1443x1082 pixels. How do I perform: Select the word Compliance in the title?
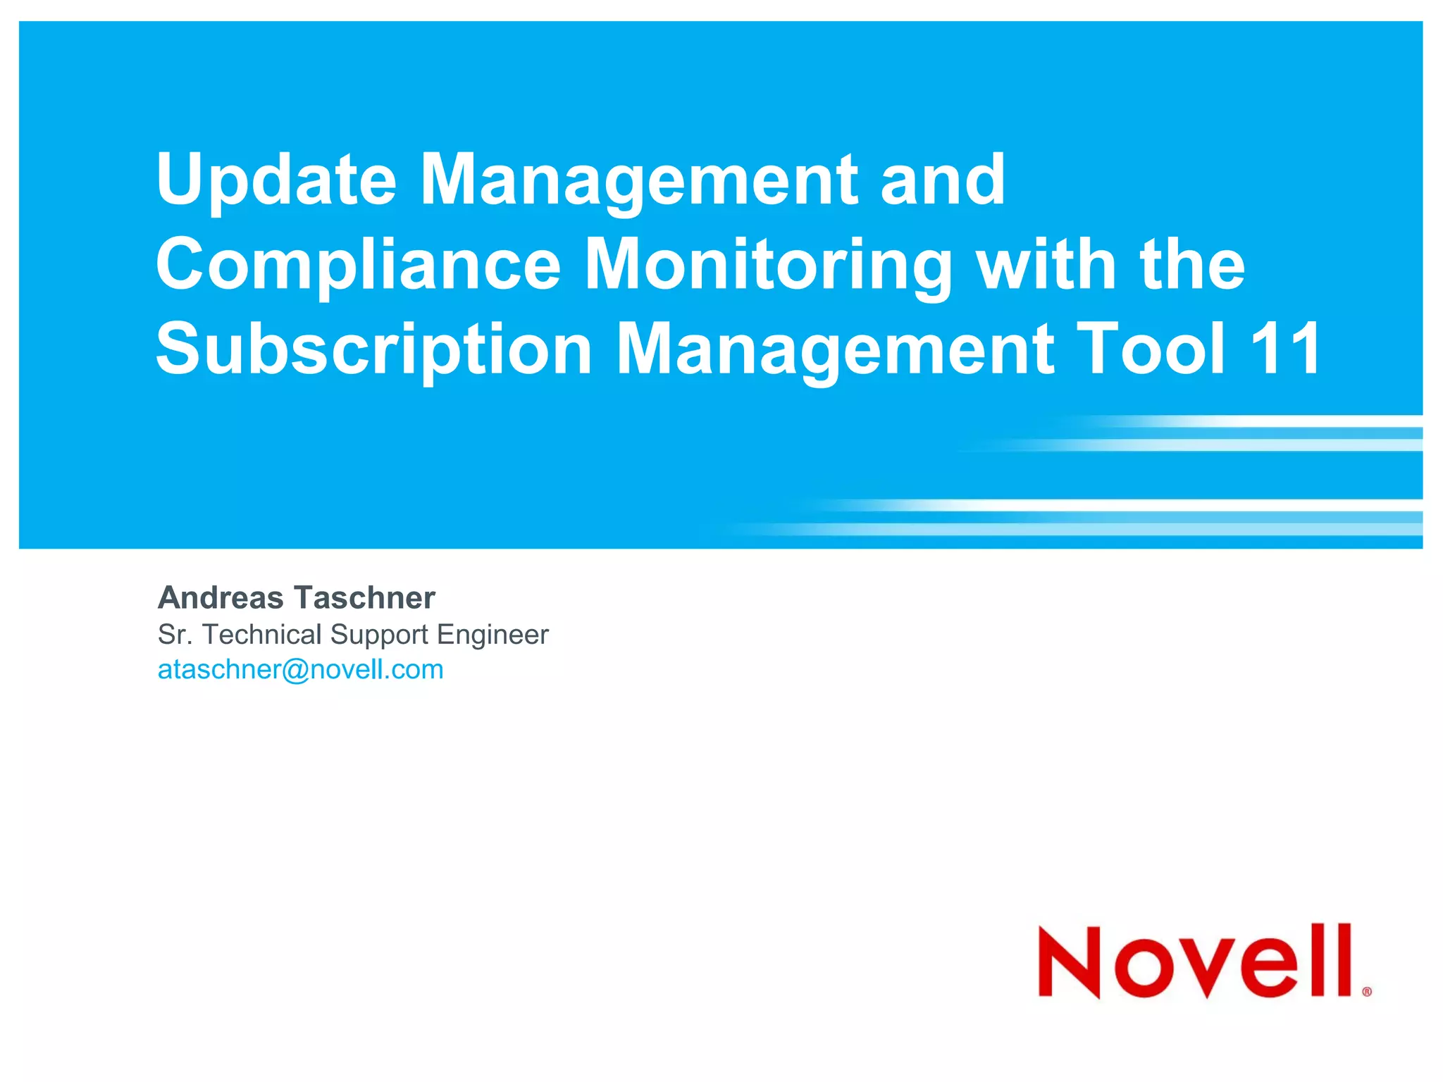click(x=358, y=265)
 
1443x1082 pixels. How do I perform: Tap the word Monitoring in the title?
click(x=768, y=265)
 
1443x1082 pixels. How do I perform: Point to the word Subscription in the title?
click(x=373, y=349)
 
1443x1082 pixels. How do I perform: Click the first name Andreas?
click(x=221, y=598)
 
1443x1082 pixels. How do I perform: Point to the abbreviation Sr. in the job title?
click(x=174, y=635)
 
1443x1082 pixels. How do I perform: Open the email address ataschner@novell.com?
click(x=301, y=670)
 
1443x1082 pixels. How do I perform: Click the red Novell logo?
click(x=1195, y=961)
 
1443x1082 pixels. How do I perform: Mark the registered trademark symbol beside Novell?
click(x=1367, y=992)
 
